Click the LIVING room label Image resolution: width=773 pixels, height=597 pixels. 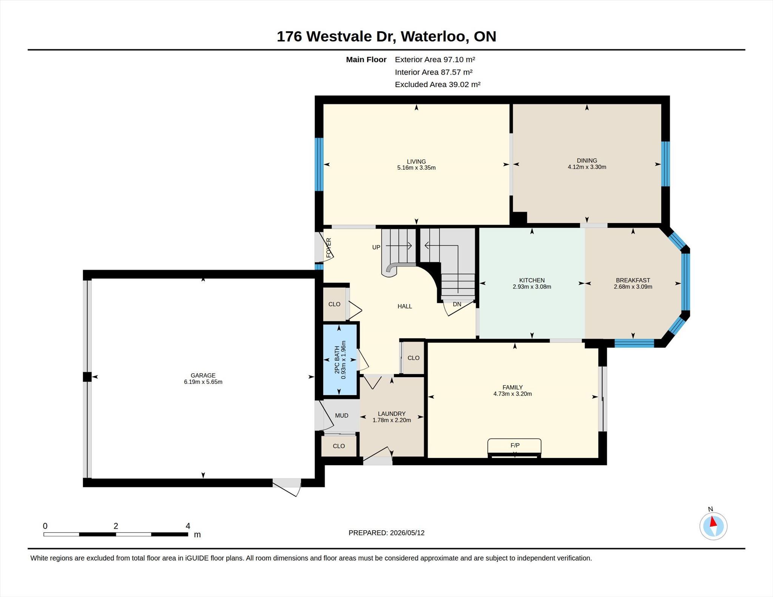(x=416, y=161)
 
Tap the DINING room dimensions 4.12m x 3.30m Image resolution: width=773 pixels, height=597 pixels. (x=587, y=167)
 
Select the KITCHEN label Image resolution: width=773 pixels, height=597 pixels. (x=532, y=280)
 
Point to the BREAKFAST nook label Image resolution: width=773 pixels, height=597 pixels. (x=633, y=280)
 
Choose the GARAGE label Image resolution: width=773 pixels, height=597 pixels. (x=203, y=375)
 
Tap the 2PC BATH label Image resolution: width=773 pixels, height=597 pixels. (x=337, y=360)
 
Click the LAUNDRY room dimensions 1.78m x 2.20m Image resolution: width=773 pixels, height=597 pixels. (x=392, y=420)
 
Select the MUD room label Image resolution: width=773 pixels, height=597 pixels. (x=342, y=416)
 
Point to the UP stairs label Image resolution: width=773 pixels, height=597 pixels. (x=376, y=247)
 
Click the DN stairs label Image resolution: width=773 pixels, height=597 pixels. (x=457, y=304)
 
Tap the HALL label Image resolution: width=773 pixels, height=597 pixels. (x=405, y=306)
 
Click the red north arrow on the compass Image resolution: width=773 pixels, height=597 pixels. (x=713, y=522)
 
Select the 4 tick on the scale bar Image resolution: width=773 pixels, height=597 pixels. (x=188, y=526)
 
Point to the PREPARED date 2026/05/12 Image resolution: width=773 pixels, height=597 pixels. (x=407, y=533)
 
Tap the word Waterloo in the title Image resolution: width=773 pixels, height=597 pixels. (x=434, y=37)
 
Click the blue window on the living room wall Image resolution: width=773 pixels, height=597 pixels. (x=319, y=164)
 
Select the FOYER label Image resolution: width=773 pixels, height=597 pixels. (x=328, y=248)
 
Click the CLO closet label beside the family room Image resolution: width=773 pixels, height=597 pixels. (x=413, y=358)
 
